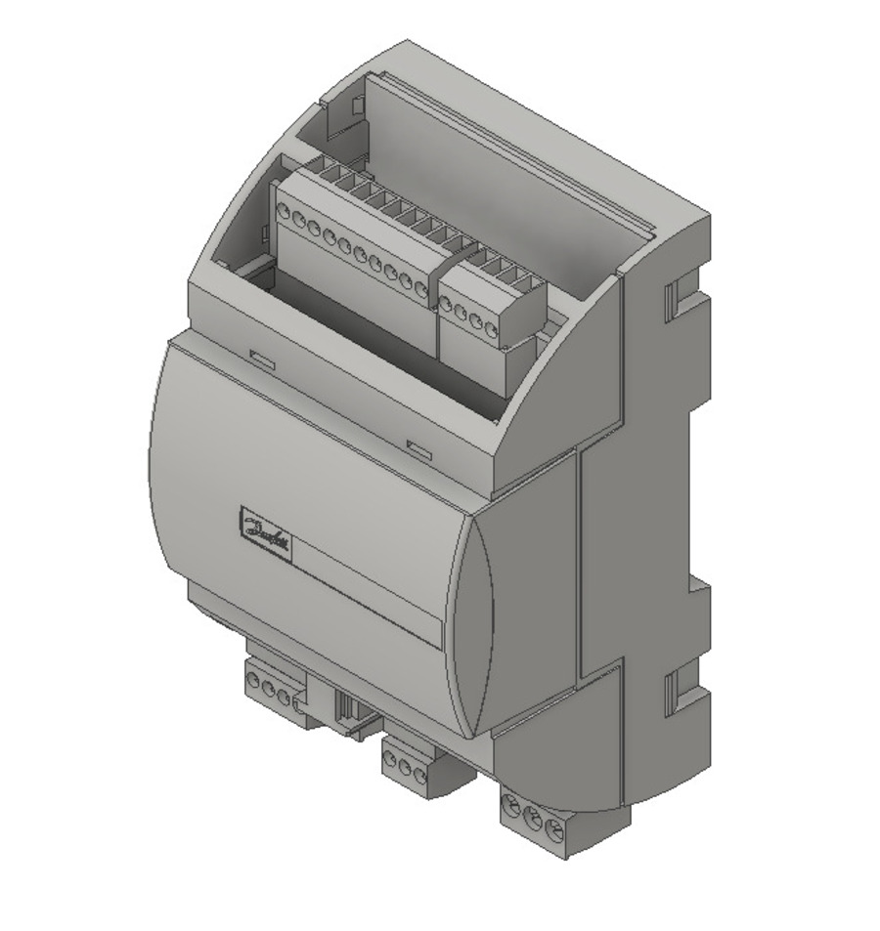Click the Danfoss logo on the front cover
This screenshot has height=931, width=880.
click(265, 531)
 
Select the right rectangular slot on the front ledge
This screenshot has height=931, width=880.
click(419, 450)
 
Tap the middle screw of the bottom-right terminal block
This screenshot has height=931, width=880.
click(533, 818)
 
